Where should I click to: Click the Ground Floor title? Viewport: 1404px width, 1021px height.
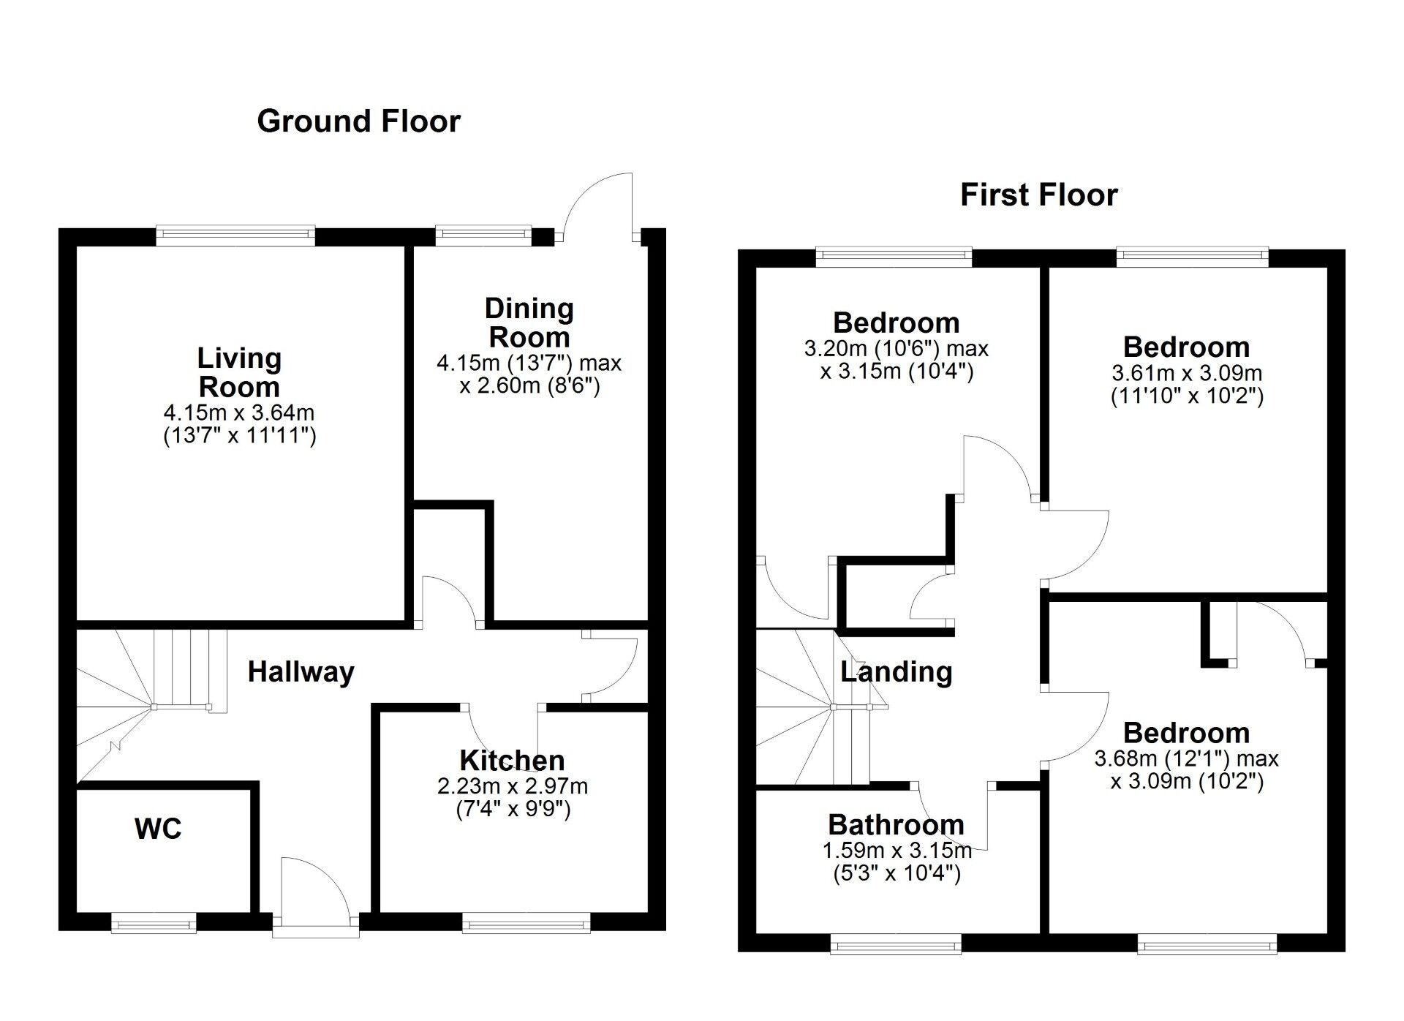358,121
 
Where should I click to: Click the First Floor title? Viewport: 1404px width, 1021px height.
1038,195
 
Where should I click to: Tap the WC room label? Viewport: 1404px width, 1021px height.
158,829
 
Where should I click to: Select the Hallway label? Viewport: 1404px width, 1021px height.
301,671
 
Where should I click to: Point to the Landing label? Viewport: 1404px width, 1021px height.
896,671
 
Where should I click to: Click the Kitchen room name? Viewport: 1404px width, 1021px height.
512,761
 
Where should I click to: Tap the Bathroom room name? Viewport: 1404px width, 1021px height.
896,825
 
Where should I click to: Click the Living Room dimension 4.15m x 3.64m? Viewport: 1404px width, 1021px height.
239,413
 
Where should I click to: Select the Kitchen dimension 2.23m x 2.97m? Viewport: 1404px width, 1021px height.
512,786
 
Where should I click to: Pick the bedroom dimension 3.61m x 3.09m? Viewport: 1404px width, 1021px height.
1187,373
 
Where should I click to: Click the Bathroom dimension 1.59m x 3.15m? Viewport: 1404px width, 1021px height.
897,851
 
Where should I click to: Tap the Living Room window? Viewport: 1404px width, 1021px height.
235,236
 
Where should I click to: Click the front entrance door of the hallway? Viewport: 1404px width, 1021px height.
316,896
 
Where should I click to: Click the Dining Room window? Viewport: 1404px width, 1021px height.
483,235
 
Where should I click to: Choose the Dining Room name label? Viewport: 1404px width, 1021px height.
529,323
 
